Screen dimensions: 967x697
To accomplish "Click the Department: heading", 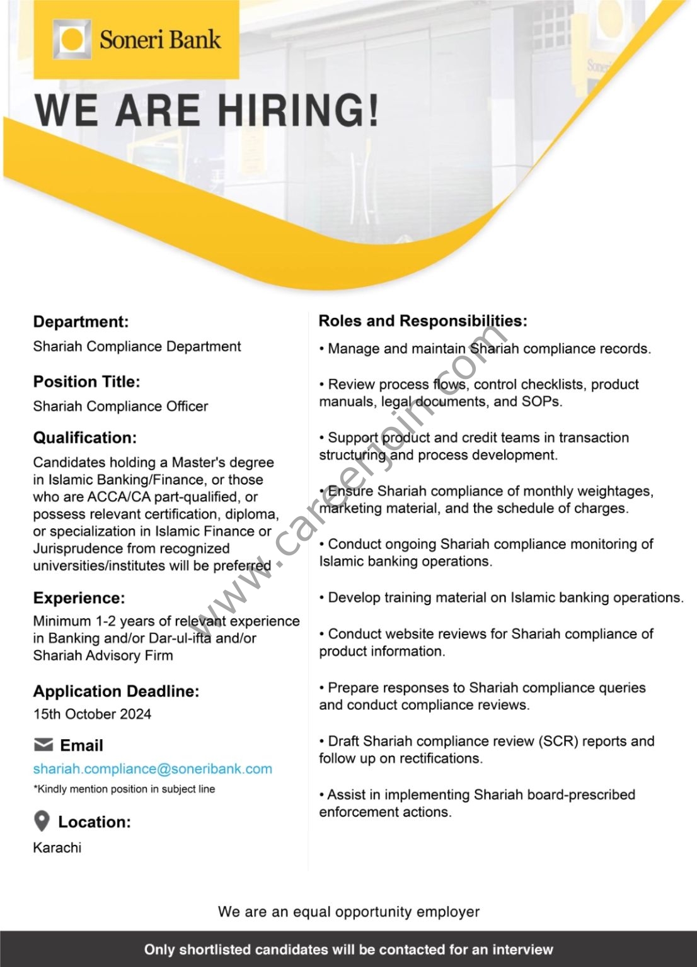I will click(x=81, y=322).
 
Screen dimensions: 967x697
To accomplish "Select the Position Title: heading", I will click(x=86, y=382).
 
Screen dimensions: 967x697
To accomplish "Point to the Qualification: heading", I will click(x=84, y=438).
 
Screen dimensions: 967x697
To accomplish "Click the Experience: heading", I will click(x=79, y=597).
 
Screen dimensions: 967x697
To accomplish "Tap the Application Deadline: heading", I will click(x=116, y=691).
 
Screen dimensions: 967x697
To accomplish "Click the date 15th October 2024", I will click(x=92, y=714).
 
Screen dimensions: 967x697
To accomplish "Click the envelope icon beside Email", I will click(x=43, y=745).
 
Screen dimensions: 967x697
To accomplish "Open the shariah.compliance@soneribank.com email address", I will click(x=153, y=769).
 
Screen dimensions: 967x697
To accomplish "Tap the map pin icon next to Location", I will click(x=42, y=822).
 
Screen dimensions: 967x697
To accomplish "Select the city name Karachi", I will click(x=57, y=847).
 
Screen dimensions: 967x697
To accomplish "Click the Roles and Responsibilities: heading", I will click(x=423, y=321).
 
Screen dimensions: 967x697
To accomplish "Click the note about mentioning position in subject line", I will click(x=124, y=789).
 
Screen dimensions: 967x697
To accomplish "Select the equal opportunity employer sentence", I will click(x=348, y=911).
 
